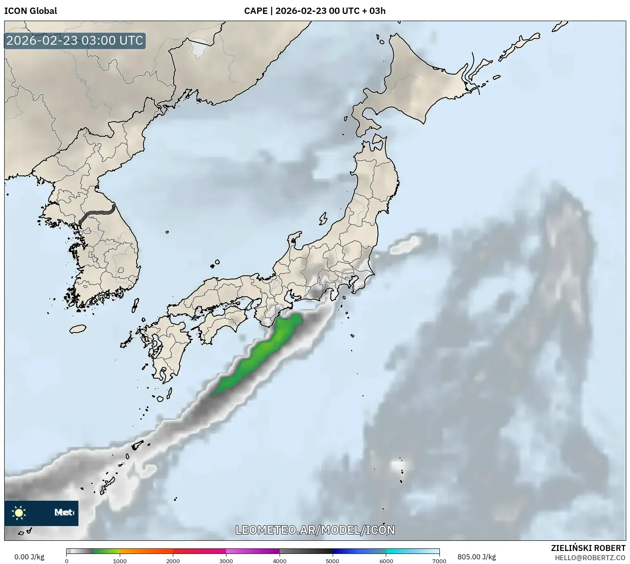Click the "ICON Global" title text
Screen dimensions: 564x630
30,11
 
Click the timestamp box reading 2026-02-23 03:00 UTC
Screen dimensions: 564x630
75,40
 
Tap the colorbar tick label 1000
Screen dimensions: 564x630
120,561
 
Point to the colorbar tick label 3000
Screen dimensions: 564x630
226,561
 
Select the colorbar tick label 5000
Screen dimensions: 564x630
332,561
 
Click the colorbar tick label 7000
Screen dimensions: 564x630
439,561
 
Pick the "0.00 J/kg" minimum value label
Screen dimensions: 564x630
29,557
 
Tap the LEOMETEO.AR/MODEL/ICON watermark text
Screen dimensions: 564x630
315,530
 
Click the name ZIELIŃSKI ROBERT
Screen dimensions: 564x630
588,548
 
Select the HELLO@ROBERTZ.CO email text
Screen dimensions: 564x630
590,558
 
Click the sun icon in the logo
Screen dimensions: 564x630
19,513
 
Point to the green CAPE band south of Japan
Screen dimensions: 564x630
261,354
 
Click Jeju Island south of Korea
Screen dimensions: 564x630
78,329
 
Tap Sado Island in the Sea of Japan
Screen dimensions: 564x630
323,219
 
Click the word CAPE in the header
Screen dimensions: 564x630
256,11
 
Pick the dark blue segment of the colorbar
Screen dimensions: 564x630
346,551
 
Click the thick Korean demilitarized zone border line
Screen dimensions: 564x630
97,215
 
